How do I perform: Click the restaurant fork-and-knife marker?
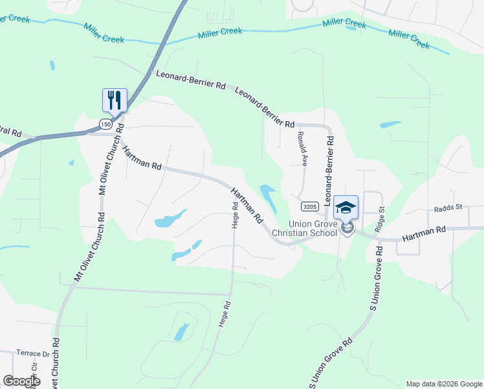click(x=115, y=100)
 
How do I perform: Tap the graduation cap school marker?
click(x=346, y=207)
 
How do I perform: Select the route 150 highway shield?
click(x=106, y=123)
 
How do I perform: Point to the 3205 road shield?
click(x=309, y=206)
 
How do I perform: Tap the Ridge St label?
click(x=380, y=218)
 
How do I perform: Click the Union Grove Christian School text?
click(x=304, y=228)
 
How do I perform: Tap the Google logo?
click(x=21, y=381)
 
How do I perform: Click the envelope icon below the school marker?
click(x=347, y=228)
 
